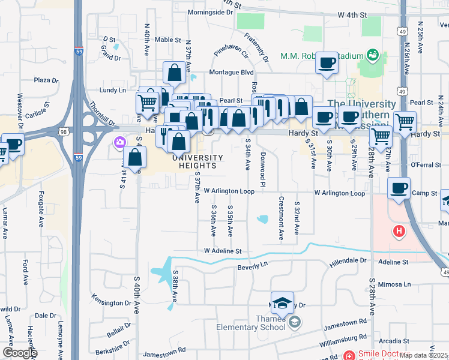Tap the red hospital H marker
[x=398, y=231]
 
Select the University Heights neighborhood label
[x=197, y=161]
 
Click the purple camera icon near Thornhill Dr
[x=119, y=142]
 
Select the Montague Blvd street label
[x=231, y=72]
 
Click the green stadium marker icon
[x=372, y=56]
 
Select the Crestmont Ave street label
[x=280, y=218]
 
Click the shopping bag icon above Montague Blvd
[x=173, y=73]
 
